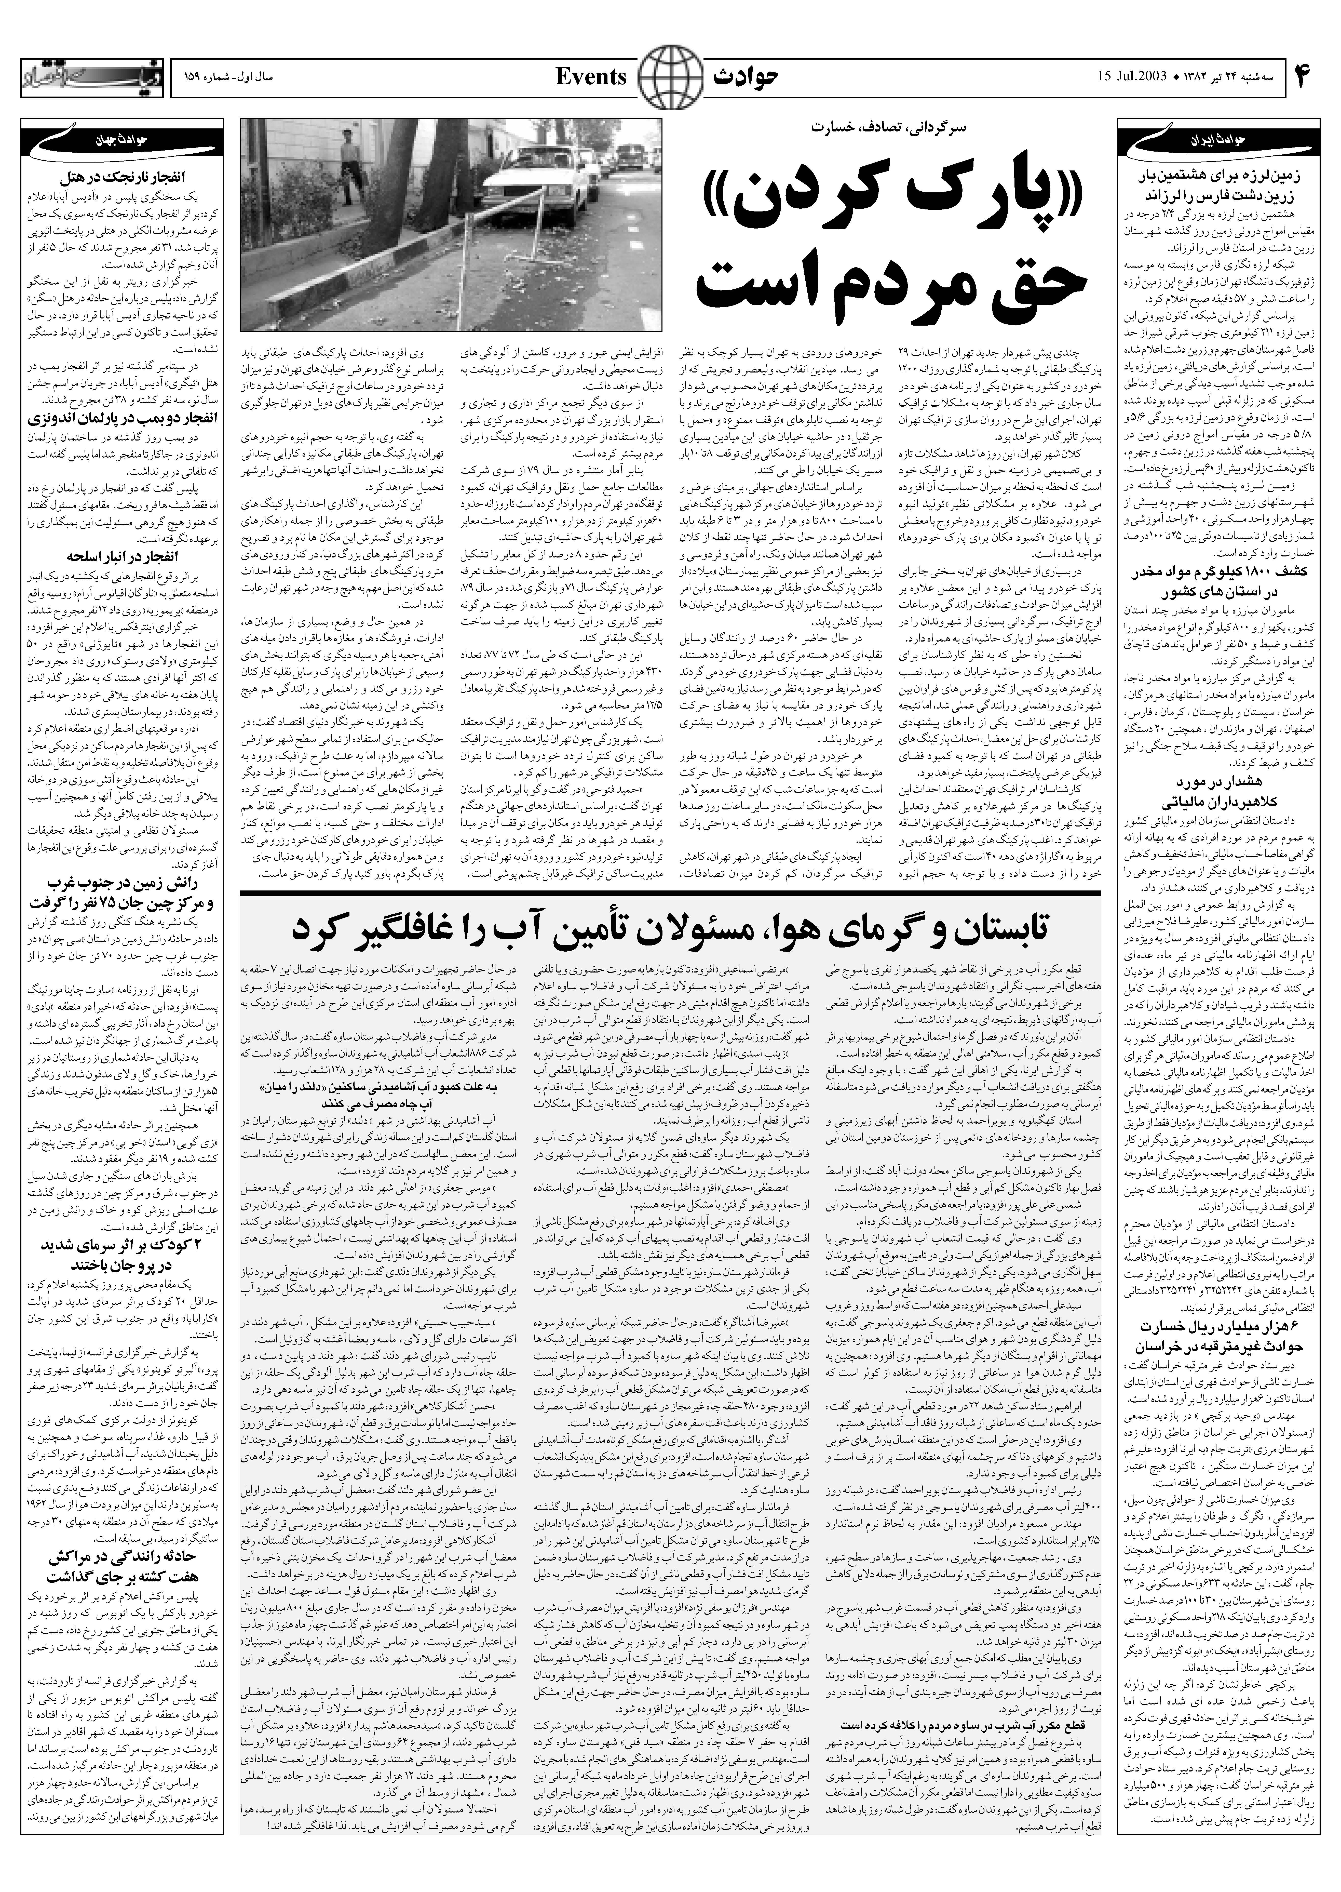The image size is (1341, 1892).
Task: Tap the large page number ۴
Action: [x=1303, y=78]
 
